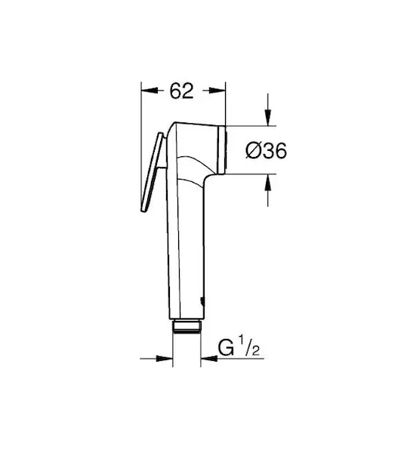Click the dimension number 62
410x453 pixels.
coord(181,91)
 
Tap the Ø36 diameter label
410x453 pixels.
coord(266,150)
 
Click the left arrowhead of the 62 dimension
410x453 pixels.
coord(150,91)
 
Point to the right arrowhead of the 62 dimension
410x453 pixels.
coord(217,91)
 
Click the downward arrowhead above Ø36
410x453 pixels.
coord(268,117)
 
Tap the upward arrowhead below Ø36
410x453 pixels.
coord(268,183)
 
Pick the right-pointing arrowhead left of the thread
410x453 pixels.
coord(164,359)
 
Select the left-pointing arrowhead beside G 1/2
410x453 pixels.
coord(209,359)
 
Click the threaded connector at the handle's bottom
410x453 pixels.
coord(187,326)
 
